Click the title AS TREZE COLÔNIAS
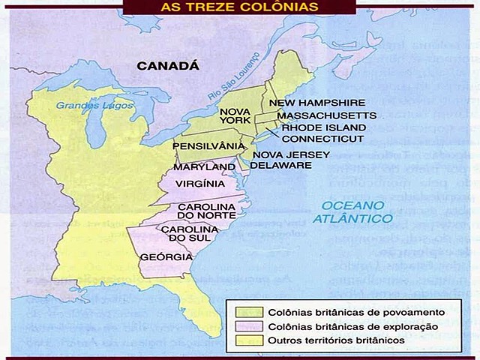click(239, 7)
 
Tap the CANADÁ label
click(167, 66)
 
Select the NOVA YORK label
click(234, 117)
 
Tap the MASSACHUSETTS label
click(326, 116)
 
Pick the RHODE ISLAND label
click(322, 127)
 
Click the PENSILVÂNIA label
click(208, 145)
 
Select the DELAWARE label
click(280, 166)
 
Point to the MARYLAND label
click(204, 166)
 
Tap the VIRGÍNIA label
click(200, 184)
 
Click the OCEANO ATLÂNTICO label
click(354, 212)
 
